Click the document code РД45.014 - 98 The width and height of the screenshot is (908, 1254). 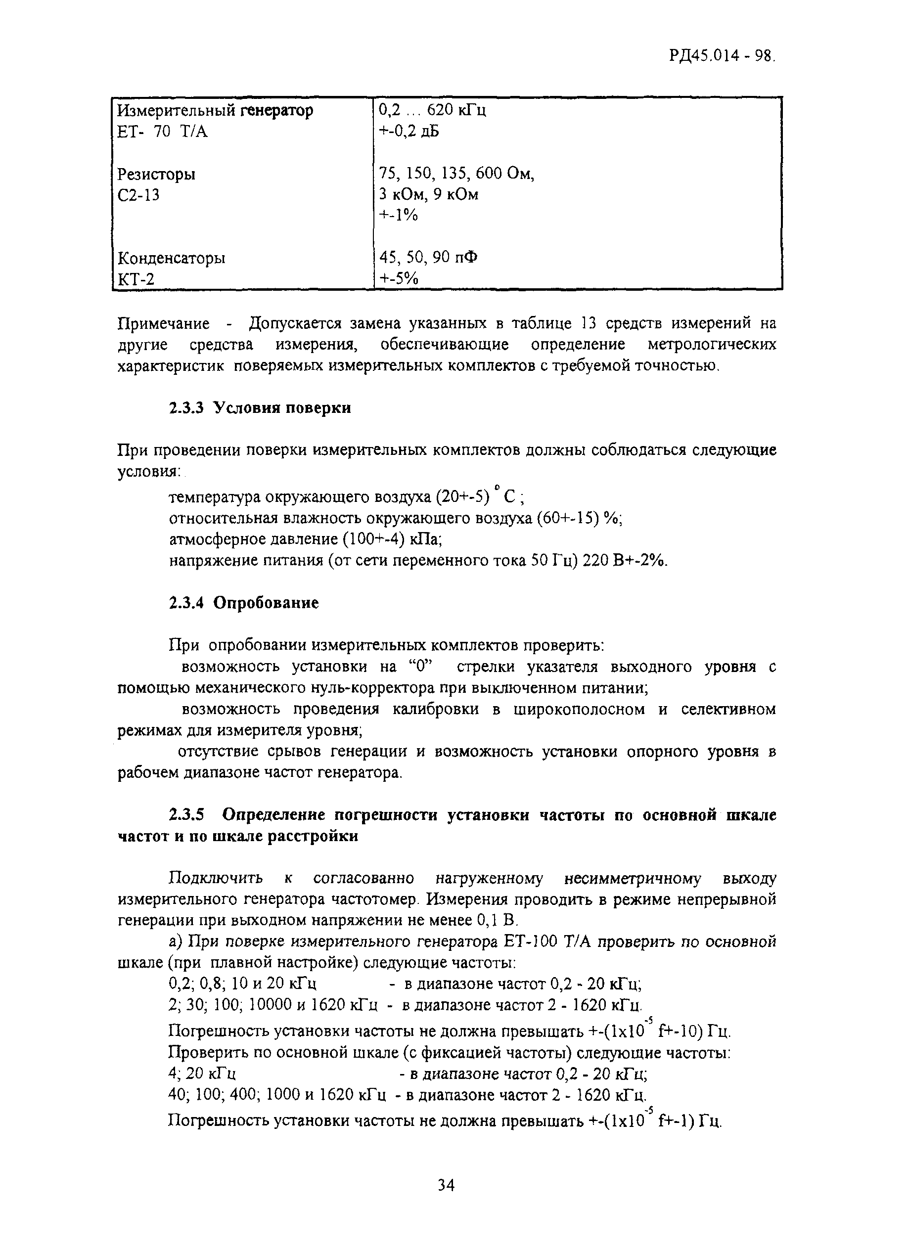click(722, 57)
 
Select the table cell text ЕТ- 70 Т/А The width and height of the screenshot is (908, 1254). click(163, 132)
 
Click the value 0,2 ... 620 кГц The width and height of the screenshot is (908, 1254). click(432, 110)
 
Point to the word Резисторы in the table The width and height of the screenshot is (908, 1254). click(156, 174)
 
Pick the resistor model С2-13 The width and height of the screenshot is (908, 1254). click(139, 195)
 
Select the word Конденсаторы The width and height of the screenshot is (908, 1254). click(172, 258)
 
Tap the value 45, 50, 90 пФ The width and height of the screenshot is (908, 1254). click(429, 258)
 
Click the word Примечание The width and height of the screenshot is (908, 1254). click(164, 323)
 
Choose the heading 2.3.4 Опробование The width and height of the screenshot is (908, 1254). click(244, 603)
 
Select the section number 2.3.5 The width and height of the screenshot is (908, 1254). click(186, 815)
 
